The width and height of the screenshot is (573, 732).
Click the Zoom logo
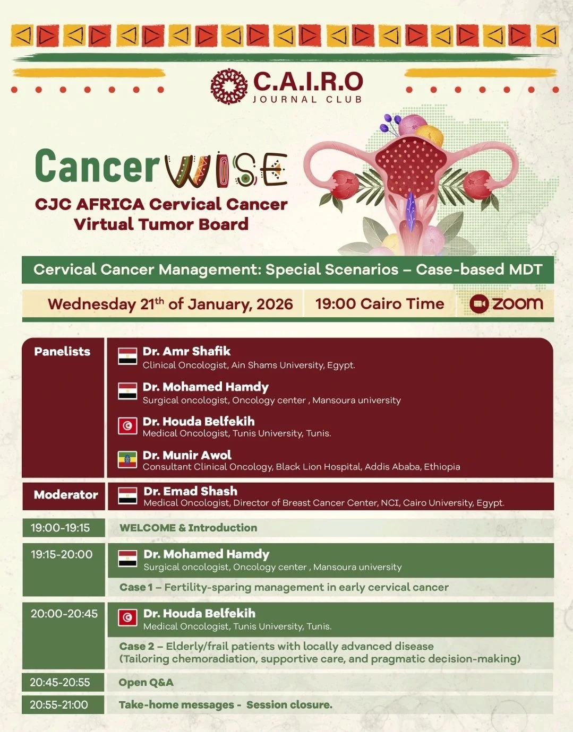506,303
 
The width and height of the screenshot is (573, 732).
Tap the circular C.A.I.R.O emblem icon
229,86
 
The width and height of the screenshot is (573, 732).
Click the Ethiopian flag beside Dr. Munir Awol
127,459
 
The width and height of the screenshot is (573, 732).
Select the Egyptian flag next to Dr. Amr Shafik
127,356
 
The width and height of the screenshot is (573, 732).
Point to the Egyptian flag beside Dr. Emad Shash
127,495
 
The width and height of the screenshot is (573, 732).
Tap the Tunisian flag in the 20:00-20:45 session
127,618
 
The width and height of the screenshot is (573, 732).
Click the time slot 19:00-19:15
60,528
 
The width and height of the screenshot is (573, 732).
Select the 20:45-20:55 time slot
60,682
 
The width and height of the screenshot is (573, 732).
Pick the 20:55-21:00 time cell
59,705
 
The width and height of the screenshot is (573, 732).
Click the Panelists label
62,351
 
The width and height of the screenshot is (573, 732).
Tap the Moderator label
66,495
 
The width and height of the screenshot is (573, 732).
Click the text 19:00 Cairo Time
380,304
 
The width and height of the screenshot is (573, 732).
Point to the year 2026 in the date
275,304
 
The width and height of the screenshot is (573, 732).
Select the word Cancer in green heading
97,166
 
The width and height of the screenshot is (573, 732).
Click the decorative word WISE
226,170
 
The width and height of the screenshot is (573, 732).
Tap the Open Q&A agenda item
146,683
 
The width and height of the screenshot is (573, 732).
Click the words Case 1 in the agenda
136,587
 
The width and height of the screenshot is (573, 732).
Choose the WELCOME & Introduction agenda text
188,528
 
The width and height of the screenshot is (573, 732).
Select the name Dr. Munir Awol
187,455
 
